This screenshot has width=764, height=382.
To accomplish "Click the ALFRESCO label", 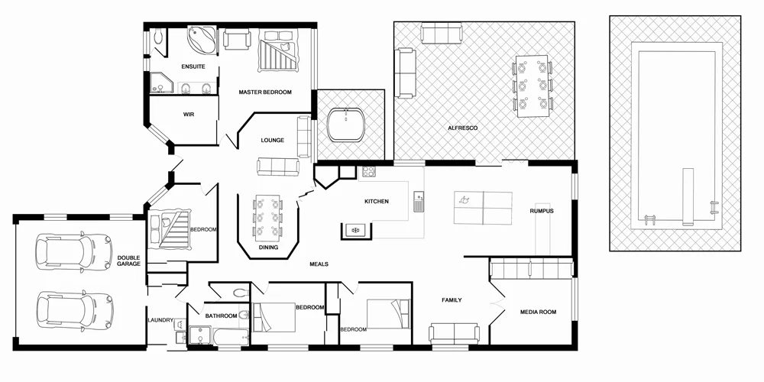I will click(462, 128).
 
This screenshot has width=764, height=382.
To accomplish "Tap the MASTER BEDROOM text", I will click(265, 92).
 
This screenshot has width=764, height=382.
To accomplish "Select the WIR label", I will click(189, 115).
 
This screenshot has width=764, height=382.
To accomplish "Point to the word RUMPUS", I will click(542, 211).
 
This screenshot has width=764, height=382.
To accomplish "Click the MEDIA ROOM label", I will click(538, 312).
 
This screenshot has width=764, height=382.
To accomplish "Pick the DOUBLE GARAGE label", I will click(128, 260).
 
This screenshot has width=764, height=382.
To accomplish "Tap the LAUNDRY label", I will click(160, 320).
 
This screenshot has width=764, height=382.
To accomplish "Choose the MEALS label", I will click(319, 264).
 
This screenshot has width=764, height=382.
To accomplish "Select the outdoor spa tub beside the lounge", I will click(346, 124).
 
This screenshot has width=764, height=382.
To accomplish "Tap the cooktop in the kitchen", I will click(368, 172).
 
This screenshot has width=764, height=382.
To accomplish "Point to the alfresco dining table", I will click(532, 84).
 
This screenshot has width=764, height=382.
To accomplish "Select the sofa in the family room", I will click(454, 332).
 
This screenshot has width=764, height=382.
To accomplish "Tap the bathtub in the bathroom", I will click(228, 337).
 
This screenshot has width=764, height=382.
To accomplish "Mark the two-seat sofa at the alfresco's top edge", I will click(442, 34).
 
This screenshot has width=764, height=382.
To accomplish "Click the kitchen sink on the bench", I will click(418, 202).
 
